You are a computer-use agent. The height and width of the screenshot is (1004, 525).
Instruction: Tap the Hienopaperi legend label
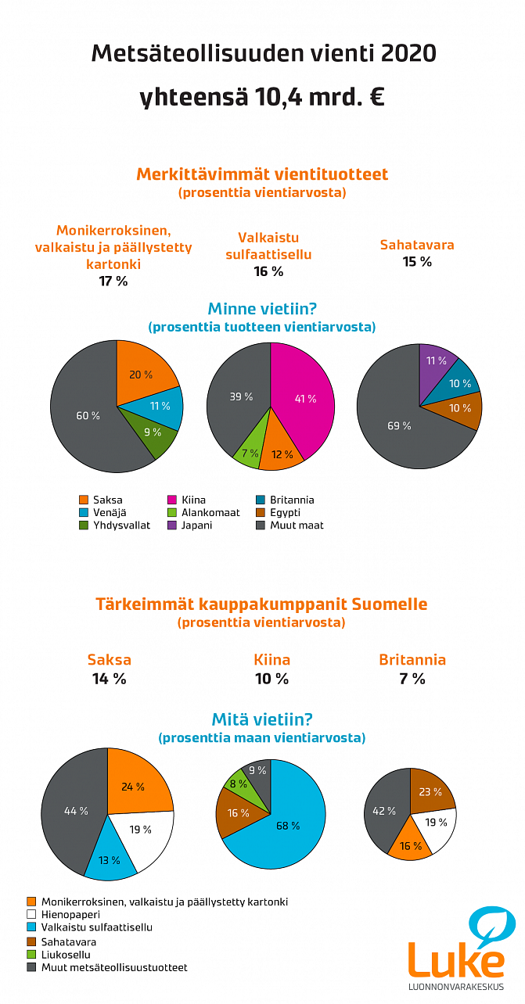pos(70,914)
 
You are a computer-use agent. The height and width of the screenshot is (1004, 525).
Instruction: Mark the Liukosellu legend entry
pos(66,955)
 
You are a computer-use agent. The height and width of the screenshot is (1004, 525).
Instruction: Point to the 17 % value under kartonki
pos(113,281)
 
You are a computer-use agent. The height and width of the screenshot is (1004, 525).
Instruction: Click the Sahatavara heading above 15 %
pos(417,245)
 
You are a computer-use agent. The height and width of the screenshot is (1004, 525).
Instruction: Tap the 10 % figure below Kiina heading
pos(271,679)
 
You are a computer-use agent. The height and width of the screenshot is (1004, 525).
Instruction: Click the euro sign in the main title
pos(377,99)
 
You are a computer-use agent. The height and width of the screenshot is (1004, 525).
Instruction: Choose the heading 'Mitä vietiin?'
pos(262,719)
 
